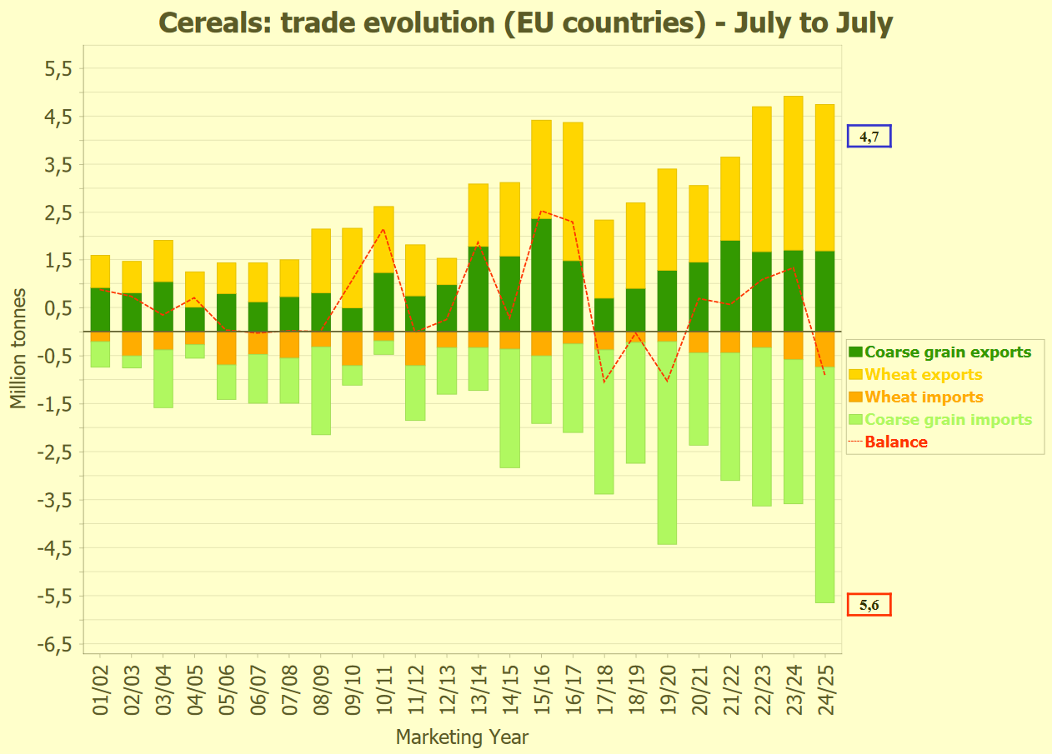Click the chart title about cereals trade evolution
coord(525,22)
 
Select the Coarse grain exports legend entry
coord(948,352)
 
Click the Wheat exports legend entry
coord(924,375)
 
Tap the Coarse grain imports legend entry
coord(948,420)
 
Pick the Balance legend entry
coord(896,442)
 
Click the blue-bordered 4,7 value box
coord(869,136)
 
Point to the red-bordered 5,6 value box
coord(869,605)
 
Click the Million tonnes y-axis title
coord(18,349)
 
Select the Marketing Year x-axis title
coord(462,737)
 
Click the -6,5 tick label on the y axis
coord(56,645)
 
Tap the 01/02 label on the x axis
coord(101,688)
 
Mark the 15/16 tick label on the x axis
coord(542,688)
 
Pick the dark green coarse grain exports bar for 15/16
coord(541,275)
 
